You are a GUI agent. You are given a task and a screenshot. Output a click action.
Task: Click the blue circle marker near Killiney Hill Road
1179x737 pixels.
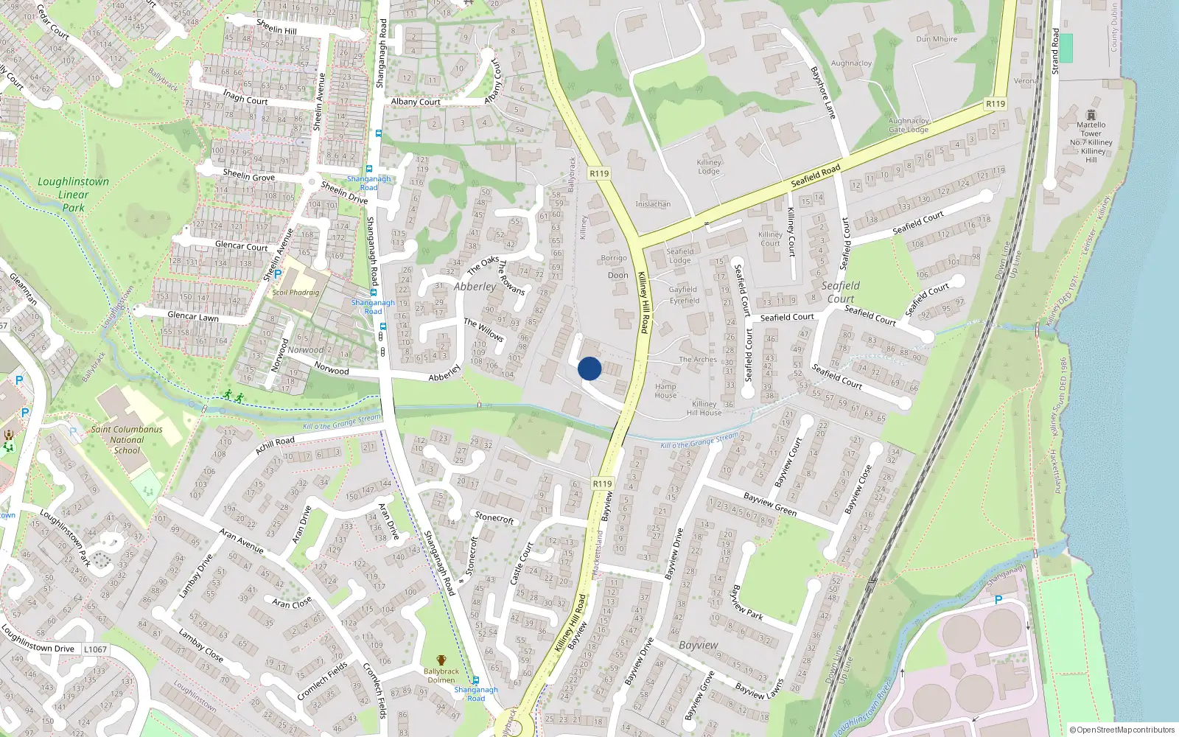click(589, 368)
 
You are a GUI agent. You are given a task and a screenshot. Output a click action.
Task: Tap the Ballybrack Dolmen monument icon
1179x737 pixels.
click(441, 660)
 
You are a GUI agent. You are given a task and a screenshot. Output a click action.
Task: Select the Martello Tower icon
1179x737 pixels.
click(1091, 115)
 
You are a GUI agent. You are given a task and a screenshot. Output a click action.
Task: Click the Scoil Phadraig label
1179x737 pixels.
click(295, 293)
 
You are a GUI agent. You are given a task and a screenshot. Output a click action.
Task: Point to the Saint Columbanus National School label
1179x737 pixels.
click(127, 440)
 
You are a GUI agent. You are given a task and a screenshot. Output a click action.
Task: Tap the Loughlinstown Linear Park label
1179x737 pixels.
click(73, 195)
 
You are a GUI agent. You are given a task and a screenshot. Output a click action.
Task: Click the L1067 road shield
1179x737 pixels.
click(95, 649)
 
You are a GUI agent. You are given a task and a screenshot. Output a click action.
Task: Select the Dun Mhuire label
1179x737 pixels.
click(937, 39)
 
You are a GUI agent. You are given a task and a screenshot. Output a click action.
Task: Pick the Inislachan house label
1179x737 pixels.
click(653, 204)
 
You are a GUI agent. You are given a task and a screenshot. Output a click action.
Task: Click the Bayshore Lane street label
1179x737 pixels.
click(823, 93)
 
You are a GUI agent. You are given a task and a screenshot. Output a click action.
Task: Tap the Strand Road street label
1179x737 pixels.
click(1055, 51)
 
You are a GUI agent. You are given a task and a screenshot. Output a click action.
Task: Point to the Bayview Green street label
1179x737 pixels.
click(770, 504)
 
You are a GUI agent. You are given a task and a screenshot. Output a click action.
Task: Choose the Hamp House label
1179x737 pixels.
click(665, 391)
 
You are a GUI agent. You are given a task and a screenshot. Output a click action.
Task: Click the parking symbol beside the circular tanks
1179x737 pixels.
click(998, 600)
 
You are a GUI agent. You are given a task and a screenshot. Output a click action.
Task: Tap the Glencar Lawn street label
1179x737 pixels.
click(193, 316)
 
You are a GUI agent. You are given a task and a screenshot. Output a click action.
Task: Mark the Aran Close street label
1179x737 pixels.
click(292, 603)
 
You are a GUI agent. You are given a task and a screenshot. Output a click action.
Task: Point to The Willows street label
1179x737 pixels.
click(483, 329)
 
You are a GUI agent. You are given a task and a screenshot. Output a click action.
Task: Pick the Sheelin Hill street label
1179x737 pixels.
click(276, 27)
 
